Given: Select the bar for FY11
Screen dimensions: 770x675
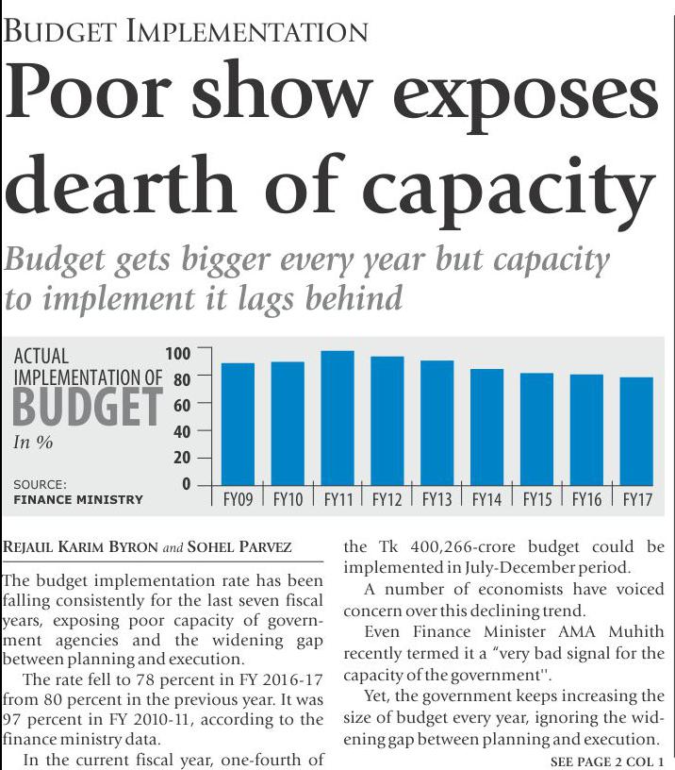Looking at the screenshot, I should [x=337, y=417].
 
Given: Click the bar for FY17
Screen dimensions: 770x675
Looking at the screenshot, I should [x=637, y=430].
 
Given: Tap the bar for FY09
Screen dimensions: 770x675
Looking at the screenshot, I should [x=238, y=424].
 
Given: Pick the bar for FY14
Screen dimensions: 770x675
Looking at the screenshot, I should [x=487, y=427].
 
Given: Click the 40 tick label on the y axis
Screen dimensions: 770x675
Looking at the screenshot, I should [x=180, y=431].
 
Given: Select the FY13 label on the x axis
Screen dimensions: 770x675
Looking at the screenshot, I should [x=436, y=498].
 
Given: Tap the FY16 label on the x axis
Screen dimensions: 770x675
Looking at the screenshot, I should [x=586, y=498].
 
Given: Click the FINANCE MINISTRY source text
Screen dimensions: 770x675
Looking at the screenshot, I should [x=77, y=499].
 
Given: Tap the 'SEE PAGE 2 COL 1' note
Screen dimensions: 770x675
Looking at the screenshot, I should [x=607, y=761].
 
